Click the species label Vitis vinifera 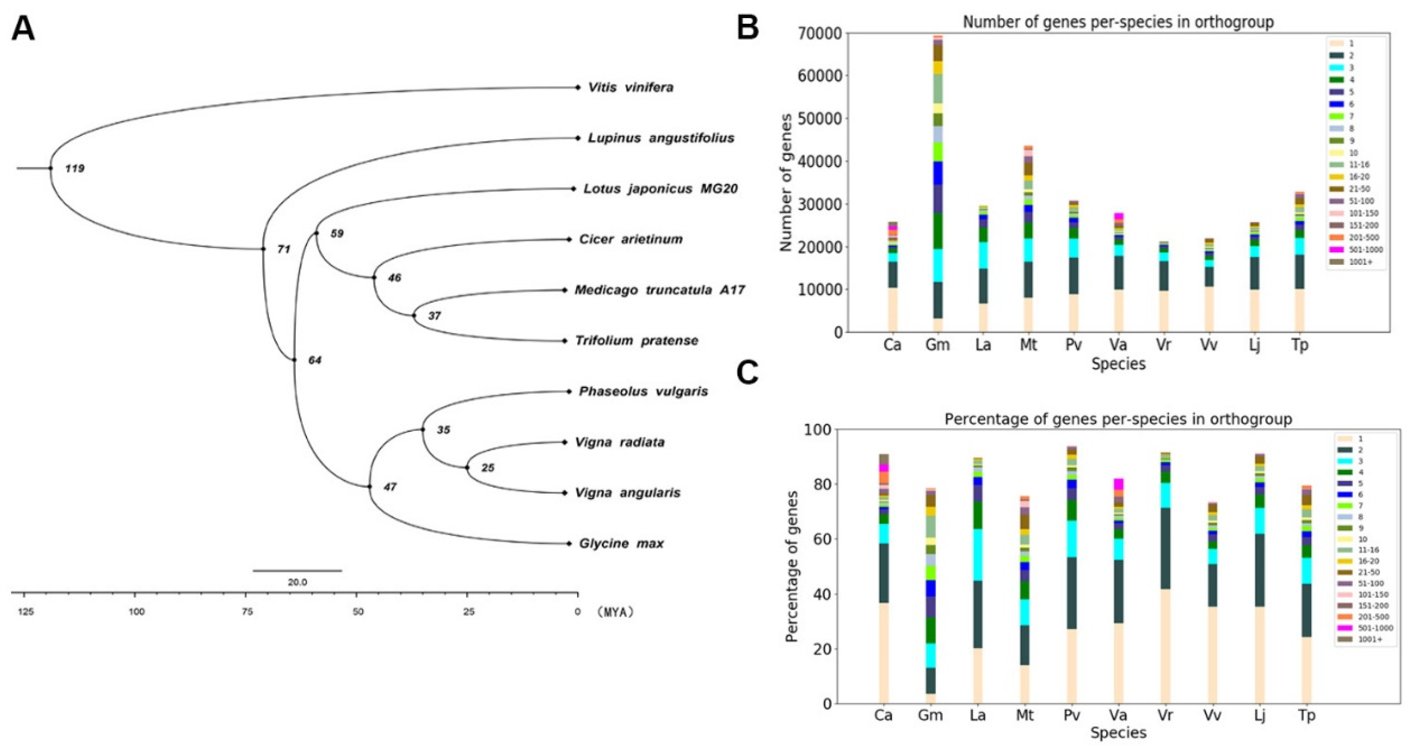pos(630,87)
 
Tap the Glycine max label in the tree pos(621,543)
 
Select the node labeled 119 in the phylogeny pos(74,168)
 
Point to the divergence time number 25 pos(487,468)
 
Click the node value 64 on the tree pos(314,360)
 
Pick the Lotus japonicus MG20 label pos(660,189)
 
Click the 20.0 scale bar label pos(297,582)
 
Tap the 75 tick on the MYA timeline pos(247,612)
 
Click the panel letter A pos(23,28)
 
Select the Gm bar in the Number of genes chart pos(938,186)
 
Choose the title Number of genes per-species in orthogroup pos(1118,22)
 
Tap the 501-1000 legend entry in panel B pos(1365,250)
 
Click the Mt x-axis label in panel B pos(1029,345)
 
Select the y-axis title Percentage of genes pos(791,567)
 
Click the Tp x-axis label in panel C pos(1306,716)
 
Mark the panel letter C pos(748,373)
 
